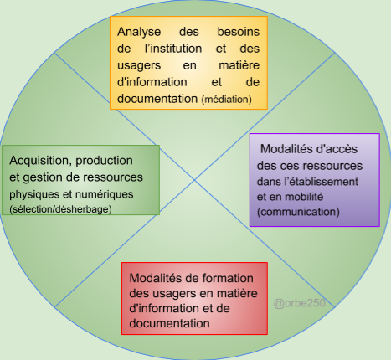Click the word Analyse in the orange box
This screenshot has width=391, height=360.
[x=139, y=32]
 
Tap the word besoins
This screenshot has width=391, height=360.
[x=239, y=32]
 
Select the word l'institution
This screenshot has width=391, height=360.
[x=173, y=49]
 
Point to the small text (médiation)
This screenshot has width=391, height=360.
[x=227, y=100]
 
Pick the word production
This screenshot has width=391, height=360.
[x=104, y=161]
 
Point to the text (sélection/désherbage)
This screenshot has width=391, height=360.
[x=60, y=209]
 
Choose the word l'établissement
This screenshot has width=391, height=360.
[x=321, y=182]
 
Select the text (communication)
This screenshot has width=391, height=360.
[x=298, y=212]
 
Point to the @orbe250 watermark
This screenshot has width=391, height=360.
[x=300, y=303]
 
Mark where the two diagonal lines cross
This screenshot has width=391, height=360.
[x=195, y=180]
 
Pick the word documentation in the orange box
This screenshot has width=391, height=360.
[x=157, y=99]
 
